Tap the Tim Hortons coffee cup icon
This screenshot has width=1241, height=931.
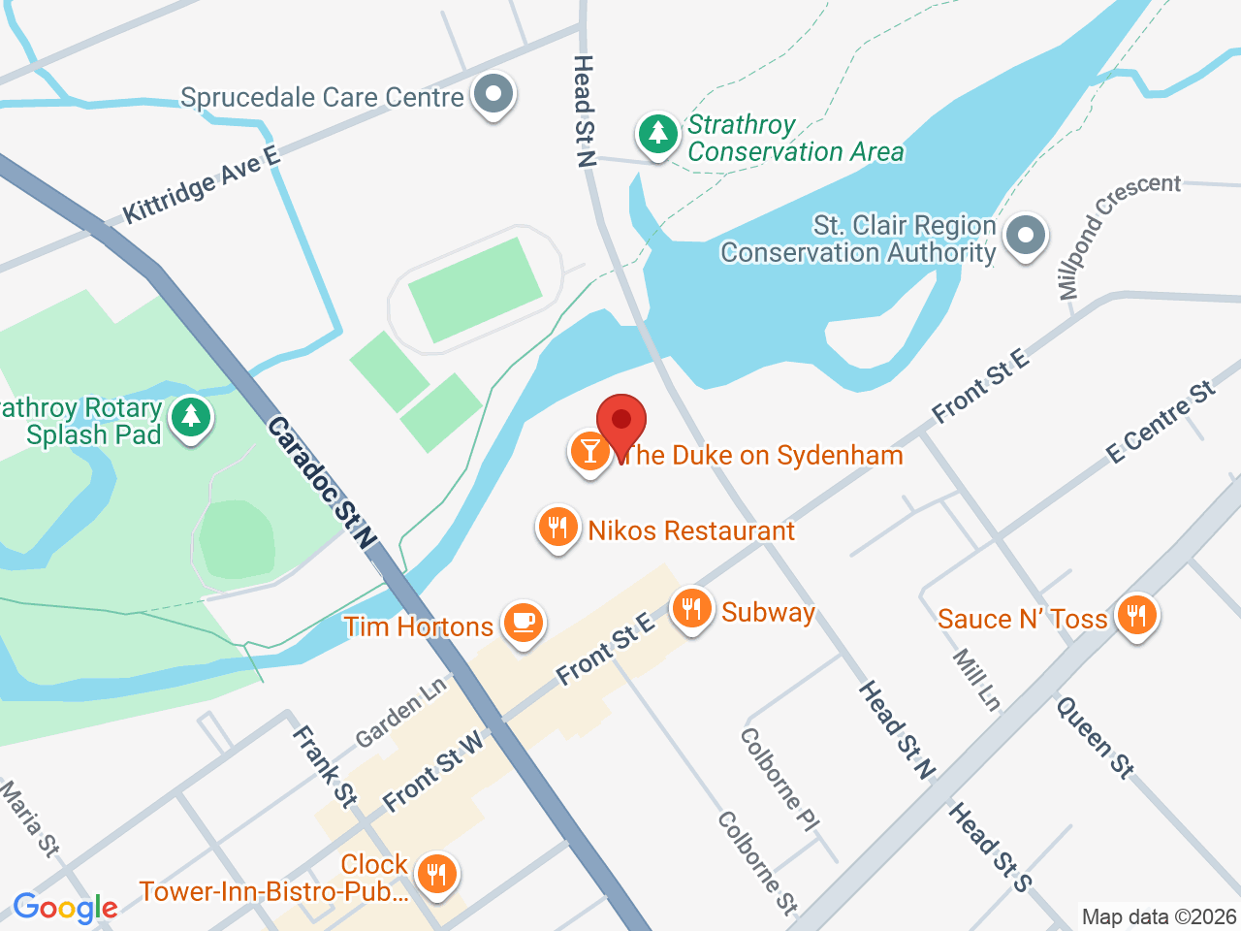[524, 622]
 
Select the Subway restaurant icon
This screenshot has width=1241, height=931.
[690, 609]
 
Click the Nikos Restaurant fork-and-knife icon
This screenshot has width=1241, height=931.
[557, 528]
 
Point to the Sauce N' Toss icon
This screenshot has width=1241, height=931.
[1136, 615]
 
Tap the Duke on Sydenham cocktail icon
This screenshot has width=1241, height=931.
[589, 451]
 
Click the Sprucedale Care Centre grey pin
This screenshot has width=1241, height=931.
[494, 95]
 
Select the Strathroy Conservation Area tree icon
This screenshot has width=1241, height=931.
[658, 133]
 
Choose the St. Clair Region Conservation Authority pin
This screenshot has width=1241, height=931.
[1025, 235]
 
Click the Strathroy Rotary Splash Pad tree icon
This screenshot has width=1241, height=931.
[191, 418]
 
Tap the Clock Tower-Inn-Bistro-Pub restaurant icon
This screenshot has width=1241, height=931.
[436, 874]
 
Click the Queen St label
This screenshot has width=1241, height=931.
[1095, 738]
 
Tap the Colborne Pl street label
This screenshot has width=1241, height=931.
[779, 780]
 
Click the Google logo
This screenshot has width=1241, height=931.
[65, 908]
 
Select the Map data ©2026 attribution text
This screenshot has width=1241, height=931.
[1159, 916]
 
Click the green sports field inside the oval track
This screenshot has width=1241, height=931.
[475, 288]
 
